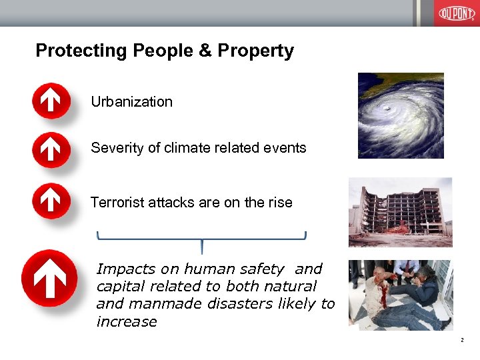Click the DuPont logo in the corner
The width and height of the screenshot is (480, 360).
tap(456, 13)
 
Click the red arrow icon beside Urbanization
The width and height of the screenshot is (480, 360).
tap(51, 101)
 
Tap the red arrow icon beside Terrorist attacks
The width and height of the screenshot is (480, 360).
tap(51, 201)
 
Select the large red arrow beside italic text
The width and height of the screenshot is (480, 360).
tap(49, 277)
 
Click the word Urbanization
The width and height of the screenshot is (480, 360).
tap(131, 102)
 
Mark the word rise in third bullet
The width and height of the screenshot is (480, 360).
tap(279, 202)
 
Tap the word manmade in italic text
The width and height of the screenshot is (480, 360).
tap(154, 304)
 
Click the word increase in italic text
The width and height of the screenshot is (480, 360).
tap(127, 322)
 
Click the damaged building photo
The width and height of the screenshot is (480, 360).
tap(400, 212)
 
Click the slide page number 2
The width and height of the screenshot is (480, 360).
tap(461, 341)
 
